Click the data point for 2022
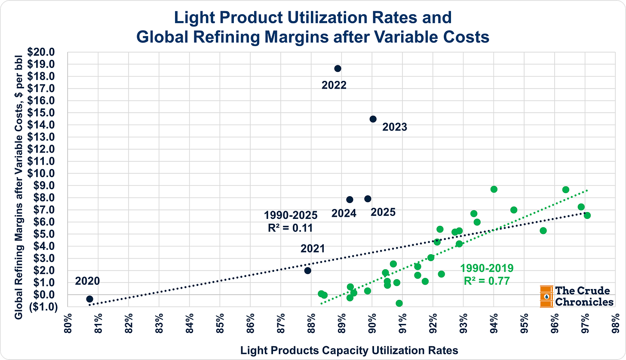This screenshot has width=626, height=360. (338, 68)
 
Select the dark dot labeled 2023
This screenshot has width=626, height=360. (373, 119)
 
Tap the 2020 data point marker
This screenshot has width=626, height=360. (89, 299)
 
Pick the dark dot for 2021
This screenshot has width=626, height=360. (307, 271)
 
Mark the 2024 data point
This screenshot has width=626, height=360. (350, 200)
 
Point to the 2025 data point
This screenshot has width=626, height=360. (368, 199)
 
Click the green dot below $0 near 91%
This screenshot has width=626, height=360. (399, 303)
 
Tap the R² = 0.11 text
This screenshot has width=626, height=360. (288, 228)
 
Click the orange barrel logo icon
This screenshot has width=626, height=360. (546, 296)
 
